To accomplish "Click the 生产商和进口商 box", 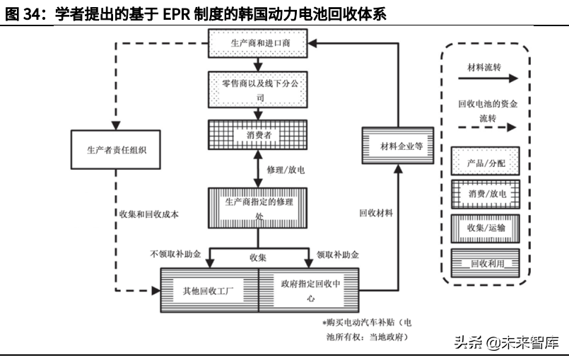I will pyautogui.click(x=259, y=43).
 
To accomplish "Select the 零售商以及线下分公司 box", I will pyautogui.click(x=259, y=89).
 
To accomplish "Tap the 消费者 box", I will pyautogui.click(x=259, y=133).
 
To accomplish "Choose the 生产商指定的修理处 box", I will pyautogui.click(x=259, y=208).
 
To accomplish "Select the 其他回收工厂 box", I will pyautogui.click(x=210, y=291).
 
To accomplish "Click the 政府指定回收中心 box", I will pyautogui.click(x=309, y=291).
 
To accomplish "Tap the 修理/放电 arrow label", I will pyautogui.click(x=286, y=170).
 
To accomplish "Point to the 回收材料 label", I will pyautogui.click(x=376, y=212).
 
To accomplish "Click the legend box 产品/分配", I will pyautogui.click(x=484, y=162).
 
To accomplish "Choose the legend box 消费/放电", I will pyautogui.click(x=484, y=193).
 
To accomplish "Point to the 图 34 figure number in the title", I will pyautogui.click(x=25, y=13).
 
